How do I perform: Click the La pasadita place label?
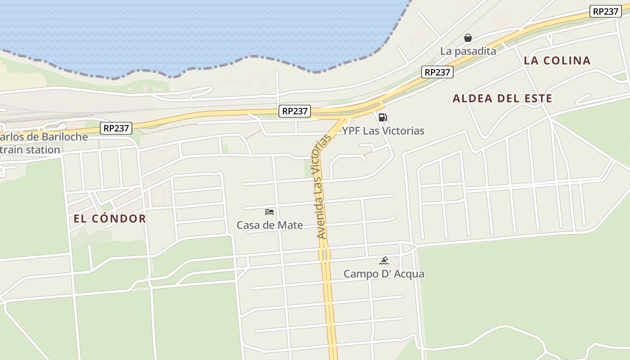(468, 51)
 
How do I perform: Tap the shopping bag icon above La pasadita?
(468, 38)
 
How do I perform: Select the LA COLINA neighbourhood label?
(557, 60)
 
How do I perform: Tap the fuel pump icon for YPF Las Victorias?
(383, 118)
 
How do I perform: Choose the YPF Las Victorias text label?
(383, 131)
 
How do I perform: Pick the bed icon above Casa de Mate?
(270, 211)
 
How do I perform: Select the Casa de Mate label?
(270, 225)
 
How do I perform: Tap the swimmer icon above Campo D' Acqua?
(384, 261)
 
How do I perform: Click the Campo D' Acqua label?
(384, 274)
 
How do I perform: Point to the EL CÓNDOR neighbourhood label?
(110, 219)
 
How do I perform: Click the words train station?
(30, 150)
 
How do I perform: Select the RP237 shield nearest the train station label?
(116, 128)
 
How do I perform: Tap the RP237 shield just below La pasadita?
(437, 72)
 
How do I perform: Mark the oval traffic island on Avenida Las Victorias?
(325, 255)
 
